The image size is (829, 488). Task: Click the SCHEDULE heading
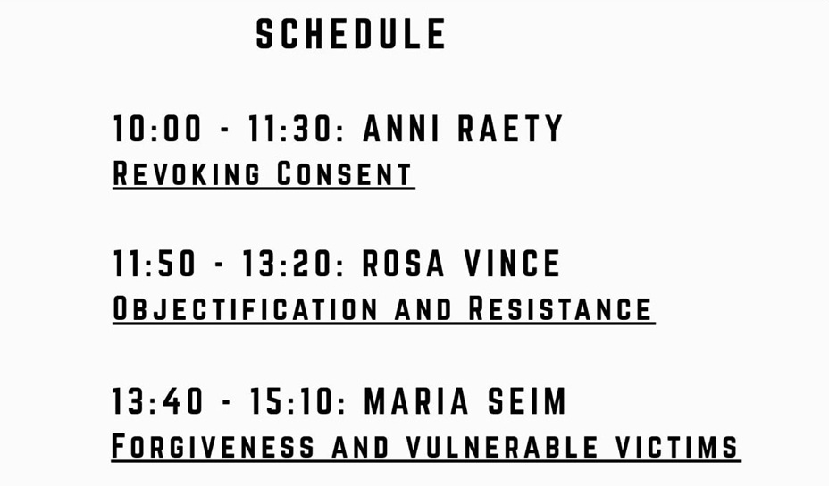(x=351, y=34)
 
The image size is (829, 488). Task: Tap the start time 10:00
(x=157, y=129)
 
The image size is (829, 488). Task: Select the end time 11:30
(x=294, y=129)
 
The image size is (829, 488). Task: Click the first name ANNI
(x=401, y=129)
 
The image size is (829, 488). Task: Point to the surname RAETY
(x=510, y=129)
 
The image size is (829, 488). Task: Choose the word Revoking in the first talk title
(x=187, y=173)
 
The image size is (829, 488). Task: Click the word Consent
(x=345, y=173)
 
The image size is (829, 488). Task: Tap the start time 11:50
(x=155, y=264)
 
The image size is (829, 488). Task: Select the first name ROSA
(x=404, y=264)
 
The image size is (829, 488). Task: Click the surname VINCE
(x=512, y=264)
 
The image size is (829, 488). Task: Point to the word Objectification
(x=246, y=308)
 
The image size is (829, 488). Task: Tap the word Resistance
(x=560, y=308)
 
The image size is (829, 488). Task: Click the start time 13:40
(x=157, y=400)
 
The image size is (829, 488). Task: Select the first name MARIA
(x=416, y=400)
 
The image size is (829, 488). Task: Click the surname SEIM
(x=526, y=400)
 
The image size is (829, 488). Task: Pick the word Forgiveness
(x=214, y=446)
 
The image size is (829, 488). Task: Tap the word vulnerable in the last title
(x=502, y=446)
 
